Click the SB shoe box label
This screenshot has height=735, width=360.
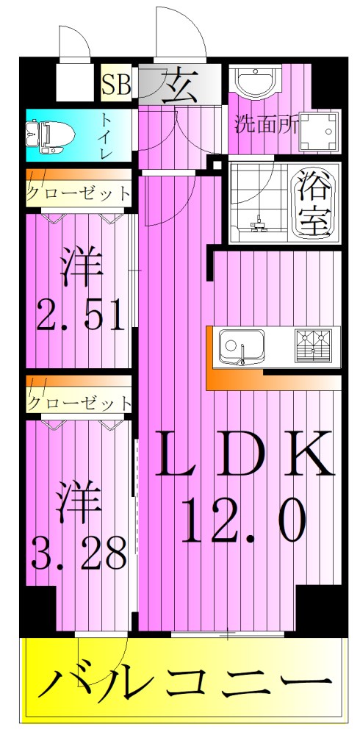tap(115, 85)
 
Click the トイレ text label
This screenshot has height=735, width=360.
tap(107, 136)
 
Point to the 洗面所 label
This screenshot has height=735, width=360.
tap(266, 124)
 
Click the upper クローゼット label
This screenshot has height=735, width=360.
tap(79, 194)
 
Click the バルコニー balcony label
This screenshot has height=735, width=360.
tap(184, 684)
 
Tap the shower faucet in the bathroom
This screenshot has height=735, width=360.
tap(258, 220)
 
